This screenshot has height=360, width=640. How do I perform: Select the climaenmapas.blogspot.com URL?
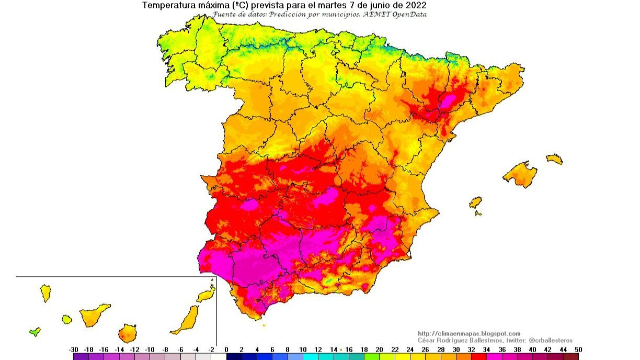(469, 333)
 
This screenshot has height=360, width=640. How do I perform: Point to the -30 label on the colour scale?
(74, 350)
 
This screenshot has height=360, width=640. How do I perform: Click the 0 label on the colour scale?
(226, 350)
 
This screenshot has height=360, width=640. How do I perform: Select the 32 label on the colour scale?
(472, 350)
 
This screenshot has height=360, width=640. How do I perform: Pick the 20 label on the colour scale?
(380, 350)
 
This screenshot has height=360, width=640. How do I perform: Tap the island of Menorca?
(554, 159)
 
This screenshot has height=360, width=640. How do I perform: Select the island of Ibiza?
(475, 203)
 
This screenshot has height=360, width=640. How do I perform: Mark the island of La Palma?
(45, 293)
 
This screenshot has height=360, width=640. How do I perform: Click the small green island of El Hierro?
(35, 331)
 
